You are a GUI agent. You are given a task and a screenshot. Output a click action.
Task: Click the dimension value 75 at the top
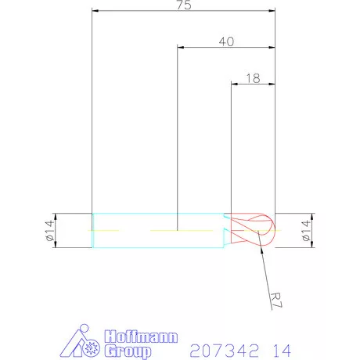183,5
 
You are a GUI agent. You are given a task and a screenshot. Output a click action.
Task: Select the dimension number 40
226,41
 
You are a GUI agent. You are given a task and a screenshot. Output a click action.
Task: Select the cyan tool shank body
157,231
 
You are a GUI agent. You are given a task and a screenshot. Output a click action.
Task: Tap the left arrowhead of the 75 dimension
95,11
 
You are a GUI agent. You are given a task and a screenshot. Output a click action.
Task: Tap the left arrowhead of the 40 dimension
181,48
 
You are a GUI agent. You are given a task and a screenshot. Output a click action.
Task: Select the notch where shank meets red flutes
226,231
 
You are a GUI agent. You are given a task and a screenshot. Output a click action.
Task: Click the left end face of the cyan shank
92,231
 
